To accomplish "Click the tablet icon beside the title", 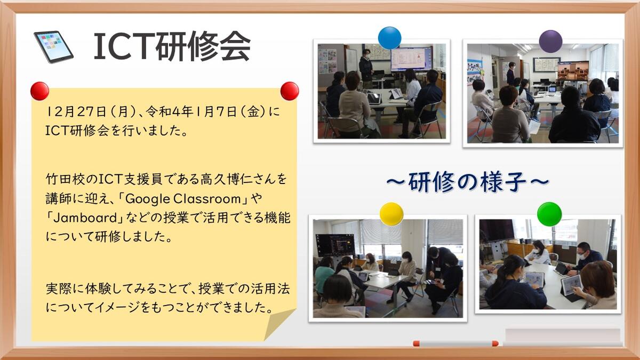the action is [x=53, y=47].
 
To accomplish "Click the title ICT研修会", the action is [x=172, y=46].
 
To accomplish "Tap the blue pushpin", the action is [x=389, y=38].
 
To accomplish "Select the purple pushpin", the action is [x=550, y=42].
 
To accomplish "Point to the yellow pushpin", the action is [x=391, y=214].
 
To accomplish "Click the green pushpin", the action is [x=549, y=214].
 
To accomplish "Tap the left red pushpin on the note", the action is [x=39, y=91].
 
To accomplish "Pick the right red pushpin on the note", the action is [x=290, y=91].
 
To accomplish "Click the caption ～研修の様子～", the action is [x=468, y=182].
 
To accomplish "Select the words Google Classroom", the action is [x=183, y=199].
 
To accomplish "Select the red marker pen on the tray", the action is [x=455, y=343].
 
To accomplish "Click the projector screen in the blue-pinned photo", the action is [x=411, y=59].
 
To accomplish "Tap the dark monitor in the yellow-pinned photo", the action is [x=335, y=245].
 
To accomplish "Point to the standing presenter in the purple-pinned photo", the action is [x=510, y=74].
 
